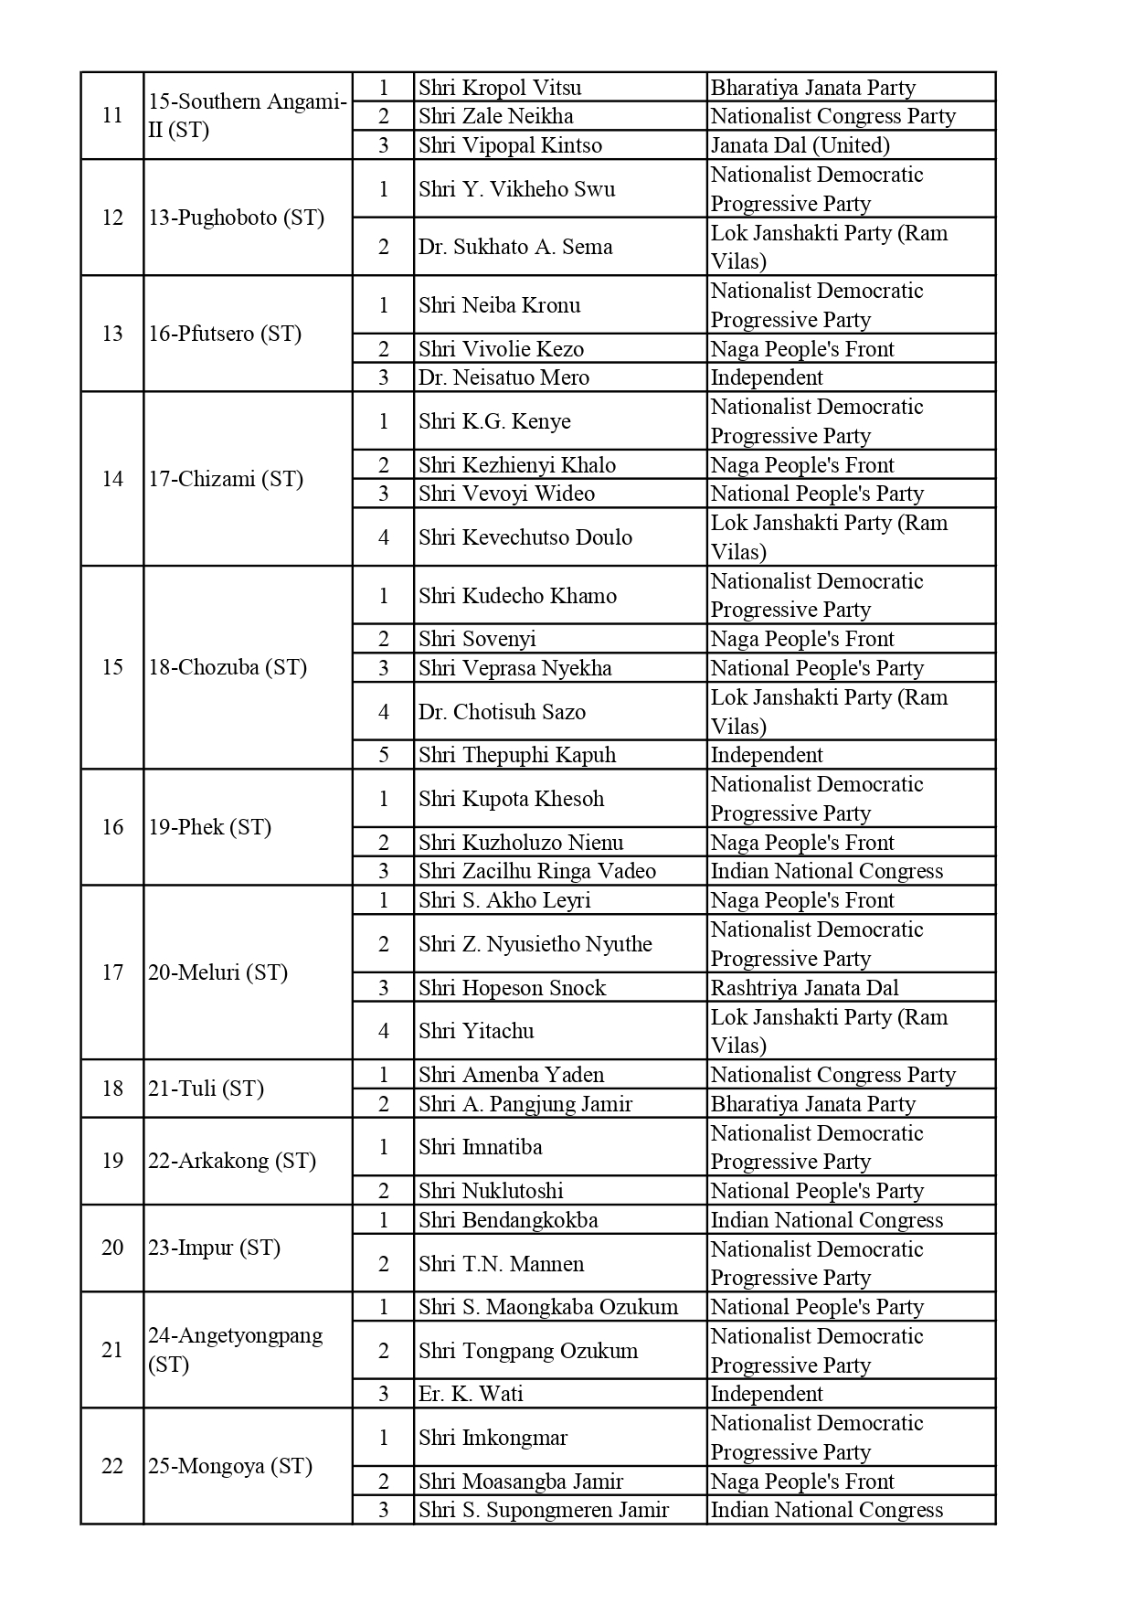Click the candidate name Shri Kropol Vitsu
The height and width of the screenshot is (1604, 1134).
tap(500, 88)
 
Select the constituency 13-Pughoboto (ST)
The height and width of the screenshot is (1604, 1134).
tap(236, 218)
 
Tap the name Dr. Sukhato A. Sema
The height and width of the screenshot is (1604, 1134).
tap(515, 247)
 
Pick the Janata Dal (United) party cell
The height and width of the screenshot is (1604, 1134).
tap(800, 145)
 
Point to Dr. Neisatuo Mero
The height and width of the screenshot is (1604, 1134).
tap(503, 377)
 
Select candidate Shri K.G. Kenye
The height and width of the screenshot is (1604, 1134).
tap(494, 421)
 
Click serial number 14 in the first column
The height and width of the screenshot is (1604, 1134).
tap(112, 479)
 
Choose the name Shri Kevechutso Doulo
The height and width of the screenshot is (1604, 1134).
tap(525, 537)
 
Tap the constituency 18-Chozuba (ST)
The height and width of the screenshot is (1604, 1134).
tap(228, 667)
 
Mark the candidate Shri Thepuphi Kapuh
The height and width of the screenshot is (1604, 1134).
tap(517, 755)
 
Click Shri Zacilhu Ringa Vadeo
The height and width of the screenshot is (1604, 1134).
tap(537, 871)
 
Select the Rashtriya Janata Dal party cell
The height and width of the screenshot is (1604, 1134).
tap(804, 988)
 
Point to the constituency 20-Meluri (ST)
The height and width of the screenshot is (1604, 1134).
tap(217, 972)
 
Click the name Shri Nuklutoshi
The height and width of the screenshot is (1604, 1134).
tap(491, 1191)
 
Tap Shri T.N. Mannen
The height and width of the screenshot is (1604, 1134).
tap(501, 1264)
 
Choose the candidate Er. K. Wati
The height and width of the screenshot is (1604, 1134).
tap(471, 1394)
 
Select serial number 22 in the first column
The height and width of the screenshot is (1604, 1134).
tap(112, 1466)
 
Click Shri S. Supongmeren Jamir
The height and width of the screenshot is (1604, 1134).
tap(544, 1510)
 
